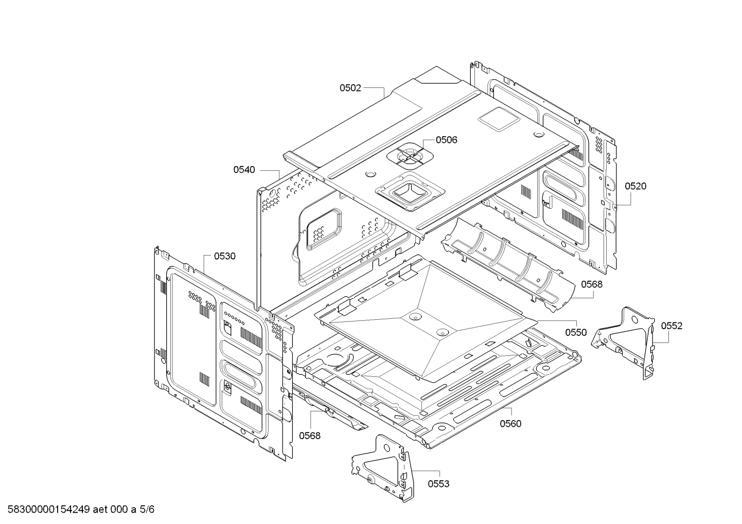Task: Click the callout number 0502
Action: pyautogui.click(x=350, y=88)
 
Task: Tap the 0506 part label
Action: pyautogui.click(x=446, y=140)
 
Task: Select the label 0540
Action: pyautogui.click(x=244, y=170)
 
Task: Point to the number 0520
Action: pyautogui.click(x=635, y=186)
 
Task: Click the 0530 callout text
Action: pyautogui.click(x=225, y=256)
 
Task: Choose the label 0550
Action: pyautogui.click(x=576, y=332)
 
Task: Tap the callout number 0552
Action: pyautogui.click(x=672, y=326)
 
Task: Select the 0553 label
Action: pyautogui.click(x=438, y=484)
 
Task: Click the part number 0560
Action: pyautogui.click(x=510, y=424)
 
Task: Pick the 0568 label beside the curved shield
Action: pyautogui.click(x=592, y=284)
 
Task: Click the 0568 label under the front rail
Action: pyautogui.click(x=310, y=436)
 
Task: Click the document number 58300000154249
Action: pyautogui.click(x=48, y=510)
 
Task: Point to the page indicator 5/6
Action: pyautogui.click(x=147, y=510)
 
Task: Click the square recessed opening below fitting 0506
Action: pyautogui.click(x=410, y=192)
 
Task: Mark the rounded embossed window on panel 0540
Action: pyautogui.click(x=323, y=229)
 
